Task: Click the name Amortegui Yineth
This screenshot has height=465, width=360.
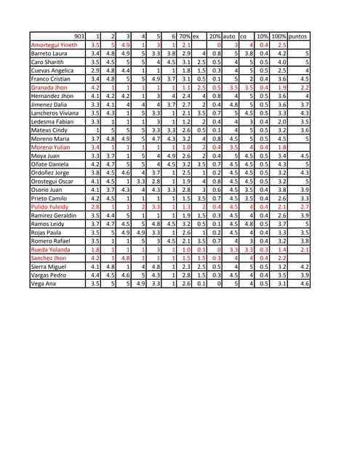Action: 54,45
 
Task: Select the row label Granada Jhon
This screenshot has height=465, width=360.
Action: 49,87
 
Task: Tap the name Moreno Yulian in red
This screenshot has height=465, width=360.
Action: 50,147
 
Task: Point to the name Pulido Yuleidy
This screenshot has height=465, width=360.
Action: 49,207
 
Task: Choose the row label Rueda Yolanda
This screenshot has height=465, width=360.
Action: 51,249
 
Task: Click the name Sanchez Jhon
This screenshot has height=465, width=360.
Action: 49,258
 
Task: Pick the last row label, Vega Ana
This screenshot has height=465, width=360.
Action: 44,283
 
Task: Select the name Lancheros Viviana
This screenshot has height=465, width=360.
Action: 55,113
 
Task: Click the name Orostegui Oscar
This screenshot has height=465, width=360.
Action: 52,181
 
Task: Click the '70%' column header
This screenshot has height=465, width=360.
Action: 185,36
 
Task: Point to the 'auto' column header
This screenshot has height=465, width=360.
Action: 230,36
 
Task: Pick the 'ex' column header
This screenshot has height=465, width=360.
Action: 196,36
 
